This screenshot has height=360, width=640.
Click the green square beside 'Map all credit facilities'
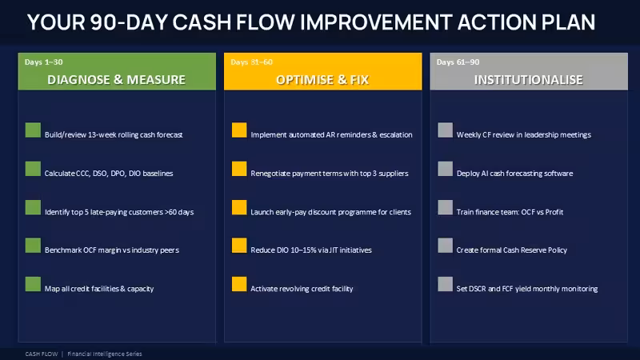pyautogui.click(x=33, y=284)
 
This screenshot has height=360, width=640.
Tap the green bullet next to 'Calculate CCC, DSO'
pyautogui.click(x=33, y=169)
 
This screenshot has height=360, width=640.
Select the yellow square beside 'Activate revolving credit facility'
pyautogui.click(x=239, y=284)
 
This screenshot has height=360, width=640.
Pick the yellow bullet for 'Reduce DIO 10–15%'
pyautogui.click(x=239, y=246)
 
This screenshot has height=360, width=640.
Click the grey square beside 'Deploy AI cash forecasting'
pyautogui.click(x=446, y=169)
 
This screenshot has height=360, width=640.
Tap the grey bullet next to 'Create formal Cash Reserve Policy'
pyautogui.click(x=446, y=246)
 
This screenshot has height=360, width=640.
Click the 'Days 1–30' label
pyautogui.click(x=44, y=62)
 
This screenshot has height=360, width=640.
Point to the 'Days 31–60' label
pyautogui.click(x=251, y=62)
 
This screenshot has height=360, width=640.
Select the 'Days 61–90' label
pyautogui.click(x=458, y=62)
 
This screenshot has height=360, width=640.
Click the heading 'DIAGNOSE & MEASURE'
pyautogui.click(x=116, y=79)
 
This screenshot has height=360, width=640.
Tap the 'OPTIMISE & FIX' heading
pyautogui.click(x=322, y=79)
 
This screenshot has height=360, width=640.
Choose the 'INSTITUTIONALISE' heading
pyautogui.click(x=529, y=79)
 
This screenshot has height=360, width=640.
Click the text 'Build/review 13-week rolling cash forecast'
pyautogui.click(x=114, y=134)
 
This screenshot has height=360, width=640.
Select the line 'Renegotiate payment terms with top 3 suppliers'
pyautogui.click(x=330, y=174)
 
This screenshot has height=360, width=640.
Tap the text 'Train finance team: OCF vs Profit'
pyautogui.click(x=510, y=212)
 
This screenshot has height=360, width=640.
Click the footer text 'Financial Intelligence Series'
pyautogui.click(x=105, y=354)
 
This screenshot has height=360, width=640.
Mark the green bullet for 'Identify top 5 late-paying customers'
pyautogui.click(x=33, y=207)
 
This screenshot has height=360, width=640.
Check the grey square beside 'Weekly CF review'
pyautogui.click(x=446, y=130)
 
